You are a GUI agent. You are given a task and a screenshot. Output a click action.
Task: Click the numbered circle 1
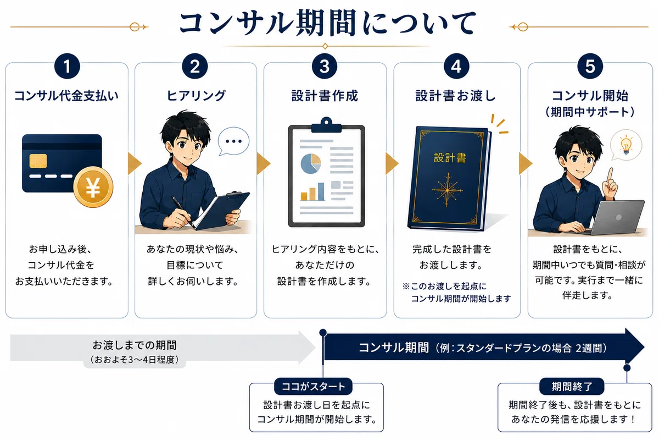[67, 66]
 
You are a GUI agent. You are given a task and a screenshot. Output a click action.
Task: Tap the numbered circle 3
[325, 66]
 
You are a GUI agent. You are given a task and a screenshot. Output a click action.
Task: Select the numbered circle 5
[590, 66]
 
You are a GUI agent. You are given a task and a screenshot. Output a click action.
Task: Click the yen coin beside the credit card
[93, 187]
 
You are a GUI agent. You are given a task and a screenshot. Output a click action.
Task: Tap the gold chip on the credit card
[38, 161]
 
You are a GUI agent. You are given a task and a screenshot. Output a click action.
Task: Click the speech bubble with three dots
[233, 141]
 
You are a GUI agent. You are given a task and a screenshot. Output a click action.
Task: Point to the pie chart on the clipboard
[311, 163]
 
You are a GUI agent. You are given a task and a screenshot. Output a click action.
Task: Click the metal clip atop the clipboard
[326, 125]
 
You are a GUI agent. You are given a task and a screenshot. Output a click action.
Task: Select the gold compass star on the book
[448, 190]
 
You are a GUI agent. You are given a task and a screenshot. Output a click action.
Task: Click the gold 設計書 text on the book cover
[450, 158]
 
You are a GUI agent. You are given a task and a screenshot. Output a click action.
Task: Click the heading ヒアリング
[196, 96]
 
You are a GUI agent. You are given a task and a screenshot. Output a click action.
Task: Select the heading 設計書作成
[325, 96]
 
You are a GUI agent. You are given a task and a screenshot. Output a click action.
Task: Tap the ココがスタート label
[314, 386]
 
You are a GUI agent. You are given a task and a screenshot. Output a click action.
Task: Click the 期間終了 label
[572, 386]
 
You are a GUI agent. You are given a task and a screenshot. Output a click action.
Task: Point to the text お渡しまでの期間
[135, 345]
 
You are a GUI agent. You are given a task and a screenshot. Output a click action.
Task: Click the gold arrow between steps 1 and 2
[135, 163]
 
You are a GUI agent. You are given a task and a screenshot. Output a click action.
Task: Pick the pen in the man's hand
[183, 212]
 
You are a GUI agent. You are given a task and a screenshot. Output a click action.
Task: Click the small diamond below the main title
[325, 46]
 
